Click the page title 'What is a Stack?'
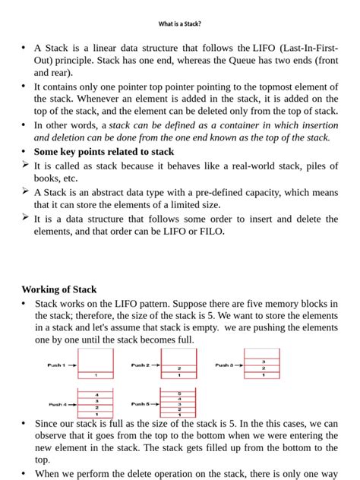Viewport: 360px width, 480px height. (x=179, y=24)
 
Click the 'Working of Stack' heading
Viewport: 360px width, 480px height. (x=59, y=289)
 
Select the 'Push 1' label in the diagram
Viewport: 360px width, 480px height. (x=56, y=365)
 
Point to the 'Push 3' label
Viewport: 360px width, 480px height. (x=223, y=365)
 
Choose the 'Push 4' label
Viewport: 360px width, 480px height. (x=58, y=404)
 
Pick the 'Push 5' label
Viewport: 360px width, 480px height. (x=140, y=404)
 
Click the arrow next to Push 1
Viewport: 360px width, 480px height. (x=73, y=365)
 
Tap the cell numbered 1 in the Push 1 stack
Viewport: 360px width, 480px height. (x=96, y=375)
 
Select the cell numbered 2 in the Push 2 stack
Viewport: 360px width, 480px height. (x=179, y=368)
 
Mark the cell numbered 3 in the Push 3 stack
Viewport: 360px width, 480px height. (x=263, y=362)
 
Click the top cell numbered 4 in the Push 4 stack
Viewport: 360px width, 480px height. (x=96, y=395)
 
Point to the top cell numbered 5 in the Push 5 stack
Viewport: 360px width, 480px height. (x=179, y=393)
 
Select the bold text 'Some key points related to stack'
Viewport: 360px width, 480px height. (x=104, y=151)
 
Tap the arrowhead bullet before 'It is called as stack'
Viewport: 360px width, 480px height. (x=25, y=164)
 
